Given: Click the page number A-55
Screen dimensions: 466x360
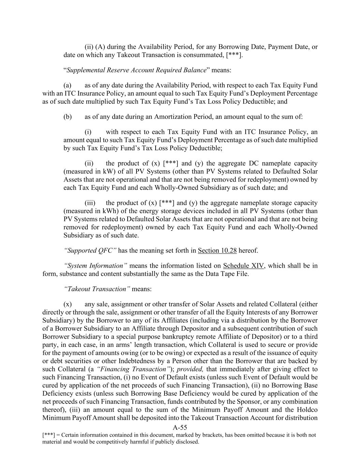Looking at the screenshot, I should coord(180,427).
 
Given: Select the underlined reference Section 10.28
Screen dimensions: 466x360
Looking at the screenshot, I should coord(217,251).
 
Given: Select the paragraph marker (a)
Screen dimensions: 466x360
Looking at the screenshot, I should coord(67,85).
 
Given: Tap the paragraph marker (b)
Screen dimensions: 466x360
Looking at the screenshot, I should coord(68,117).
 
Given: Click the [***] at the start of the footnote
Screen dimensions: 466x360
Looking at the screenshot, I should coord(48,435).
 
